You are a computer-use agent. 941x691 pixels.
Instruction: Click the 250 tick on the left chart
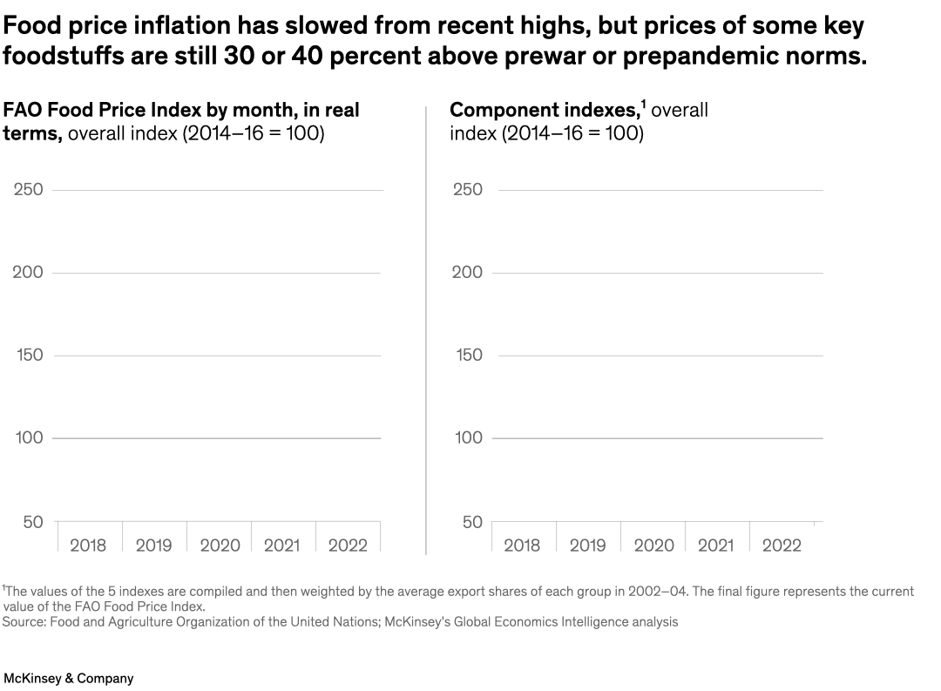(x=28, y=189)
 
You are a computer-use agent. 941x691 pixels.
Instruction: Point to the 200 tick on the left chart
(x=28, y=272)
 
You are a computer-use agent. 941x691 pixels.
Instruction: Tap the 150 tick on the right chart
(x=468, y=355)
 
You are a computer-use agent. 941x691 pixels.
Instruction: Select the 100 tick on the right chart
(x=468, y=437)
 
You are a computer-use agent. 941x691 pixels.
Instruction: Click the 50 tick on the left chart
(x=32, y=522)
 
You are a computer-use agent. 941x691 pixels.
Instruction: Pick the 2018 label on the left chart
(x=88, y=545)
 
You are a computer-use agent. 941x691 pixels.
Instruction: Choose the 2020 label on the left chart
(x=220, y=545)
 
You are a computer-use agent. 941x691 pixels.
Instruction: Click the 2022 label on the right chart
(x=782, y=545)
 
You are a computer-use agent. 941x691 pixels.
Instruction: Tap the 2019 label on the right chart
(x=588, y=545)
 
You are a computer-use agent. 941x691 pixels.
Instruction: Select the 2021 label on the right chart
(x=716, y=545)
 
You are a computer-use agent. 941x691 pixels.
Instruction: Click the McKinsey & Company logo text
(x=69, y=678)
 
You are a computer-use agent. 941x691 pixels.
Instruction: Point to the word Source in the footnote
(x=23, y=622)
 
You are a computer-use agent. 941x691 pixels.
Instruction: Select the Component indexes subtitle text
(x=544, y=111)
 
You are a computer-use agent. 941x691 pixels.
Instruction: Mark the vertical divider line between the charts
(x=425, y=331)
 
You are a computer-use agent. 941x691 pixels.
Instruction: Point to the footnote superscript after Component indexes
(x=643, y=105)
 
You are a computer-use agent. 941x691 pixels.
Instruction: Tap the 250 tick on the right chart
(x=468, y=189)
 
